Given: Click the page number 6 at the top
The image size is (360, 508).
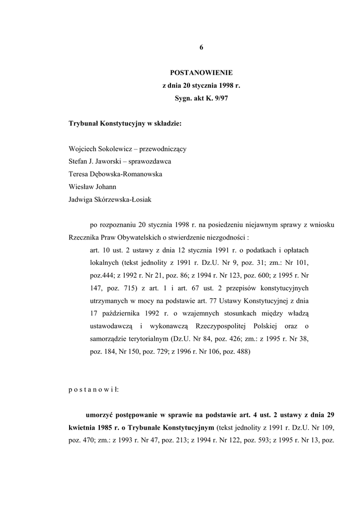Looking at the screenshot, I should point(201,48).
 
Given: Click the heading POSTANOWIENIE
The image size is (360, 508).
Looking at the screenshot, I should point(201,73).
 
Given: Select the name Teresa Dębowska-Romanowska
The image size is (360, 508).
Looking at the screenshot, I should point(115,174).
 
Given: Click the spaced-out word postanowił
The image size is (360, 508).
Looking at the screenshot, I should point(94,389).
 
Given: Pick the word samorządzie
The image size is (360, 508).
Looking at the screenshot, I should point(109,339).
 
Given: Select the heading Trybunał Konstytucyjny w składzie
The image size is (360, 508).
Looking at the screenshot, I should point(125,123).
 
